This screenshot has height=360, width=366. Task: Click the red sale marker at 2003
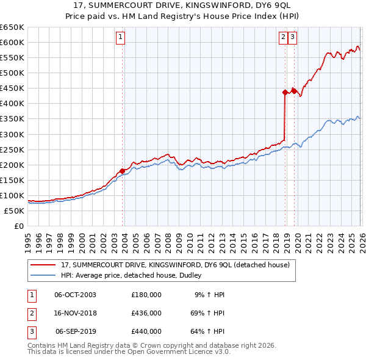click(122, 171)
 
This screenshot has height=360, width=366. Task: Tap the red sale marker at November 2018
click(285, 92)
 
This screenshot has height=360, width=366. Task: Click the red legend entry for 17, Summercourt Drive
click(170, 265)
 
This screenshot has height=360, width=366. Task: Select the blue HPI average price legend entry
click(135, 276)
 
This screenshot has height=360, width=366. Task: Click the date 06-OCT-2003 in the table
click(75, 294)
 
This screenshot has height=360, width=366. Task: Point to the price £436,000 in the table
click(146, 313)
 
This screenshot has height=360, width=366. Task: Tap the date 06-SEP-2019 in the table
click(75, 332)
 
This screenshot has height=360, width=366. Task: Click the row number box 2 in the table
click(31, 313)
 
